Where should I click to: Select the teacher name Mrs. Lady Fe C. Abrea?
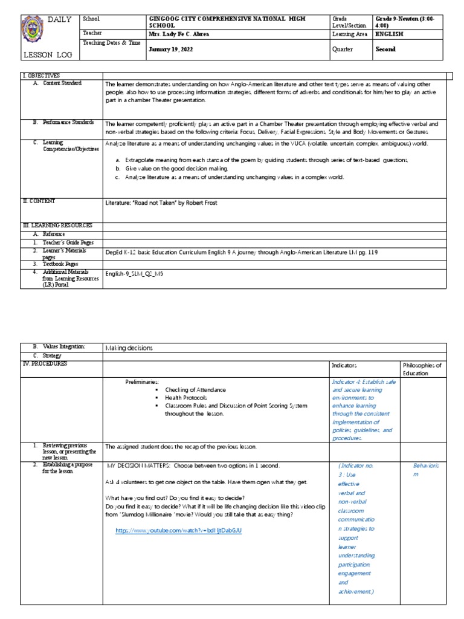179,34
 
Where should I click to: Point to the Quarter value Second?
385,50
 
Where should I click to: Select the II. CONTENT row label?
40,201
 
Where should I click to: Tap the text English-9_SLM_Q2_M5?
134,273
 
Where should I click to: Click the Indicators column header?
345,366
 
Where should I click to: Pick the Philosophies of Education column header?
422,369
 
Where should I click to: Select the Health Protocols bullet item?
185,398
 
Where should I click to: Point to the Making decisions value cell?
129,348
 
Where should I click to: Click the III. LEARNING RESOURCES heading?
57,225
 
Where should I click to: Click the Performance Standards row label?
68,123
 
